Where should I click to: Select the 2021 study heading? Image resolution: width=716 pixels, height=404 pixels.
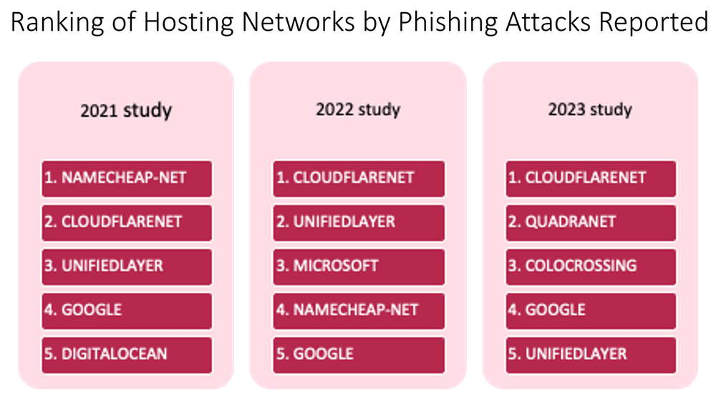[x=126, y=111]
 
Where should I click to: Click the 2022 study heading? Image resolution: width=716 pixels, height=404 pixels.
[x=358, y=110]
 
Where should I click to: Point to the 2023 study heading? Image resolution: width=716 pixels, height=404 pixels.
[x=590, y=110]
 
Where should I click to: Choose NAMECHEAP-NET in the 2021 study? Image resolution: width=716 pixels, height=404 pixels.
[x=127, y=178]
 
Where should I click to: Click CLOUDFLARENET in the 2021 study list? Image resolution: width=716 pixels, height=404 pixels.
[x=127, y=222]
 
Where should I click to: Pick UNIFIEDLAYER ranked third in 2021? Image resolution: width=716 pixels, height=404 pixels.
[x=127, y=266]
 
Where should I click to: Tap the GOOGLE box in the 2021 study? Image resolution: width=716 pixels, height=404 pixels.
[x=127, y=310]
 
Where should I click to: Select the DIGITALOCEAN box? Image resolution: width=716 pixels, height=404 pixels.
[x=127, y=355]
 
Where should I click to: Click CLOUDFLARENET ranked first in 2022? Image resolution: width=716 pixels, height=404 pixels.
[x=359, y=178]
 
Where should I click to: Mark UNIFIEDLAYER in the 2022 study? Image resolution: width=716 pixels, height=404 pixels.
[x=359, y=222]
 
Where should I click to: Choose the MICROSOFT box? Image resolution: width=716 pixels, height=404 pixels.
[x=359, y=266]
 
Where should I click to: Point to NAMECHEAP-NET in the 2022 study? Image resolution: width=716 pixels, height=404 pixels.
[x=359, y=310]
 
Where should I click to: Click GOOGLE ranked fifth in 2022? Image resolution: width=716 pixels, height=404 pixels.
[x=359, y=355]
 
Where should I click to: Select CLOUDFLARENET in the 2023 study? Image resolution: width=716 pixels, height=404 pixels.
[x=591, y=178]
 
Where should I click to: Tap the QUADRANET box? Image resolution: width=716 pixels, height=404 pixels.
[x=591, y=222]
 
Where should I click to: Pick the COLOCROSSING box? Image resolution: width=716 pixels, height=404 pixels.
[x=591, y=266]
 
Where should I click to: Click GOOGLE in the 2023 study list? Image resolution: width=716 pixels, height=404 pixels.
[x=591, y=310]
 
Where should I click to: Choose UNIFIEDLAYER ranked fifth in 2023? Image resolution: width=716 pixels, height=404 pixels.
[x=591, y=355]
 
